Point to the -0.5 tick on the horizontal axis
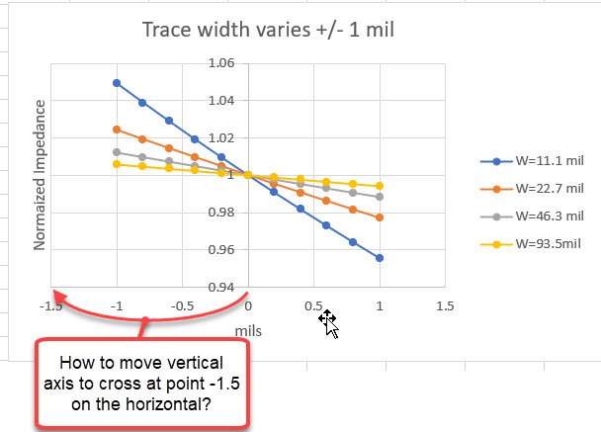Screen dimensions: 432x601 (182, 305)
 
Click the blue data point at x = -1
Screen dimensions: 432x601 (117, 83)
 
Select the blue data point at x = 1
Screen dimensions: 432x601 (380, 258)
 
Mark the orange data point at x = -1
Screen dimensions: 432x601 (117, 130)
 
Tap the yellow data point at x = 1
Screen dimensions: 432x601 (380, 186)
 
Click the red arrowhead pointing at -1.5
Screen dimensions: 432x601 (58, 295)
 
